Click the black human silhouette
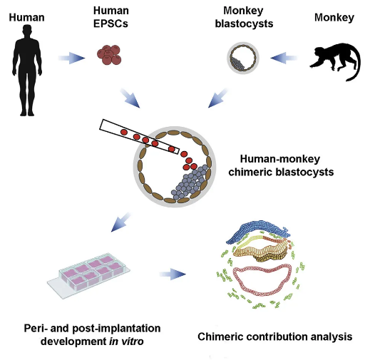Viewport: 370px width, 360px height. (x=27, y=71)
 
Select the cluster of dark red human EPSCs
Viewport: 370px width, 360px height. (x=109, y=55)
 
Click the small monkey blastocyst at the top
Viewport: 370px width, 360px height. (x=243, y=58)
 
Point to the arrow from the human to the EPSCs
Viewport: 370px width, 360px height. (x=71, y=58)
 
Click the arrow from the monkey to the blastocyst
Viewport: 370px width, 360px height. (x=284, y=58)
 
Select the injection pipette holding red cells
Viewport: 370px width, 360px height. (x=139, y=136)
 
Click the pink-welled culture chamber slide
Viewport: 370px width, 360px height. (x=88, y=275)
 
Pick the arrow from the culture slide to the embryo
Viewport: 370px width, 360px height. (x=173, y=274)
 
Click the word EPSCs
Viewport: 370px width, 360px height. (x=111, y=24)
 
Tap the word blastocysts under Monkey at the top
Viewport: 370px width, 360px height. (x=244, y=24)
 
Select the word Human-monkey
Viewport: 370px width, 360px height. (x=280, y=159)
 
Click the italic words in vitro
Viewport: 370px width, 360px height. (x=126, y=341)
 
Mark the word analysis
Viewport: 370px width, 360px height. (x=332, y=337)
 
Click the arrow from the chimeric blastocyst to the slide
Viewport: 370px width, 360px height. (x=121, y=222)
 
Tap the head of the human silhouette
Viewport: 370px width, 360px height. (x=27, y=31)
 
